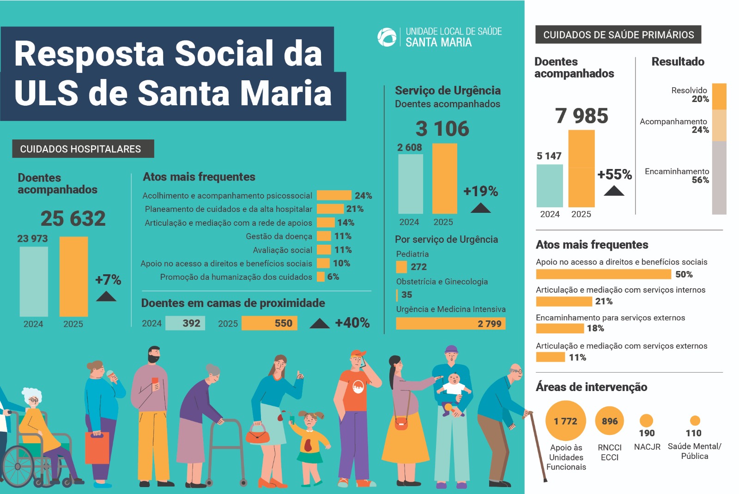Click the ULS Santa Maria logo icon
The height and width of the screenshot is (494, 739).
point(387,37)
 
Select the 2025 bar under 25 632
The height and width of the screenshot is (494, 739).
point(73,276)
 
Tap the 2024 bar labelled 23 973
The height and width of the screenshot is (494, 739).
point(34,281)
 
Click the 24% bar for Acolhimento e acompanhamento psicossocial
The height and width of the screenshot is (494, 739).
point(334,195)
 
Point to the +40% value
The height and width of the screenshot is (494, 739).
point(352,323)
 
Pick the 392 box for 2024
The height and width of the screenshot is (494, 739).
point(185,323)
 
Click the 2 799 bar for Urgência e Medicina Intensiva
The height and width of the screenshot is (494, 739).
point(450,324)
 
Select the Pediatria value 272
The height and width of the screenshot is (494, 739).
point(418,267)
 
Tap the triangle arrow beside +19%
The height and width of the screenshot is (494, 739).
point(480,208)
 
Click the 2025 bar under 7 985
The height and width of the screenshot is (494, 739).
point(581,169)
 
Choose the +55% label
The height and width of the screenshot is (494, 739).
point(614,175)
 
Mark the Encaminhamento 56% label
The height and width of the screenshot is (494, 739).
point(677,175)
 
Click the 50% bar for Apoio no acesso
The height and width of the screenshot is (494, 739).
point(603,274)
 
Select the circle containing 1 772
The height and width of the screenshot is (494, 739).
point(565,421)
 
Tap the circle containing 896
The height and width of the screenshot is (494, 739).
point(610,421)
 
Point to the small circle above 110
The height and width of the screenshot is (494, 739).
point(695,421)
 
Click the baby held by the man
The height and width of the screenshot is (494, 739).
point(453,386)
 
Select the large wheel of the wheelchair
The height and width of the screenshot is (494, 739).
point(18,466)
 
